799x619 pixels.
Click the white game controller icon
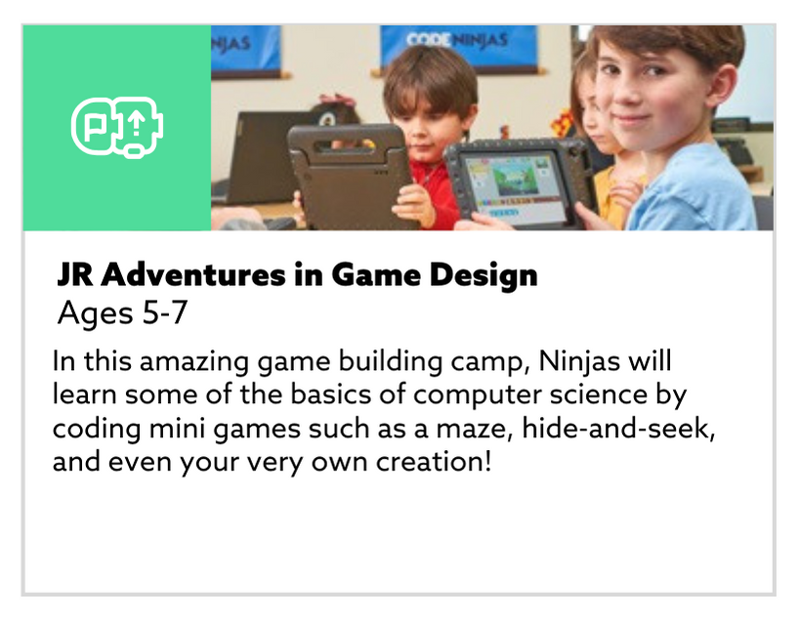pos(117,127)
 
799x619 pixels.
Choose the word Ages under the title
pos(90,313)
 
